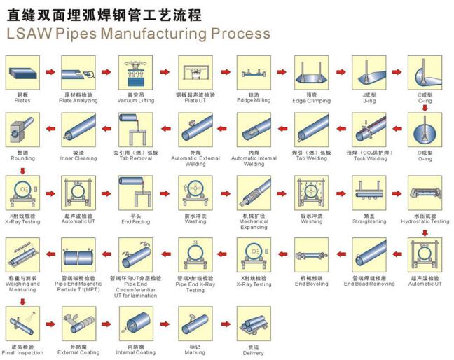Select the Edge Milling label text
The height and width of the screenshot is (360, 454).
click(253, 100)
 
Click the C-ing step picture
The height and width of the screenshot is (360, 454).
click(425, 72)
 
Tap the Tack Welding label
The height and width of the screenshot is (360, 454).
click(369, 158)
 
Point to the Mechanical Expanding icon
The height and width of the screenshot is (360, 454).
click(253, 193)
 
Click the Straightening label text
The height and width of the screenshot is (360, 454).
click(369, 221)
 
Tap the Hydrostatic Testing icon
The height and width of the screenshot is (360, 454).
click(425, 193)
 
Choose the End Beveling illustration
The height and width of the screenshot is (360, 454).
click(311, 254)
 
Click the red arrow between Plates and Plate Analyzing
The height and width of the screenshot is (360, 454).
click(49, 72)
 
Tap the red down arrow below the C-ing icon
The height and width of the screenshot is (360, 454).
click(425, 108)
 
